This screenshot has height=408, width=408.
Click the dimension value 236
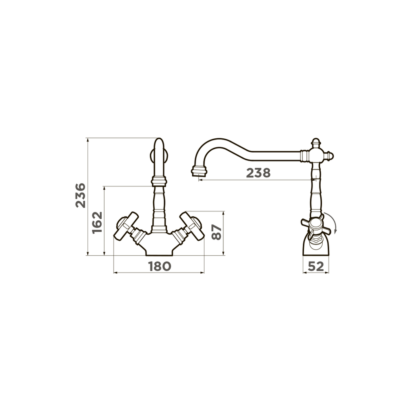pos(80,195)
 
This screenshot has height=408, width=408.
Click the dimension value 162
pos(97,223)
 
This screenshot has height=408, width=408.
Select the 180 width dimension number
pos(160,266)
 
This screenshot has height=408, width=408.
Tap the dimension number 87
pos(217,233)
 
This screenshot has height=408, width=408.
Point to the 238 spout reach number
pos(258,173)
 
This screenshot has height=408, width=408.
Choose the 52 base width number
pos(316,266)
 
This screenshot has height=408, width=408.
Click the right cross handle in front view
pos(191,226)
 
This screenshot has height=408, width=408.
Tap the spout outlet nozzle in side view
pos(200,171)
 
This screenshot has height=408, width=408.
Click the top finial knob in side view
pos(316,142)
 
